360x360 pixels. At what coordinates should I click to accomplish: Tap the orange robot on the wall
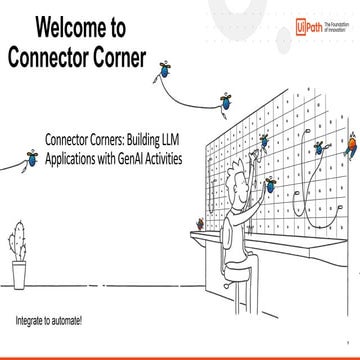(350, 151)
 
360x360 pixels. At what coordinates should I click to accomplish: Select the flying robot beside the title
(163, 70)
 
